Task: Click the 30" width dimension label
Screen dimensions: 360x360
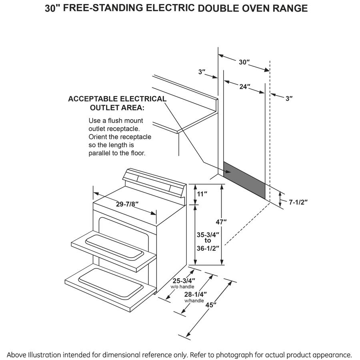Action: coord(244,62)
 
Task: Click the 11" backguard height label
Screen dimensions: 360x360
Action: coord(203,194)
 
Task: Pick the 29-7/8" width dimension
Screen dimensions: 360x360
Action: coord(127,204)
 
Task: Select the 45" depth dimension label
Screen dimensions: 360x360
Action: coord(211,305)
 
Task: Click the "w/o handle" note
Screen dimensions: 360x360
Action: coord(182,287)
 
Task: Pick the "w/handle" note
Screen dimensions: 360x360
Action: coord(194,301)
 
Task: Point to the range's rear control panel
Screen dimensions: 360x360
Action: coord(154,182)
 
